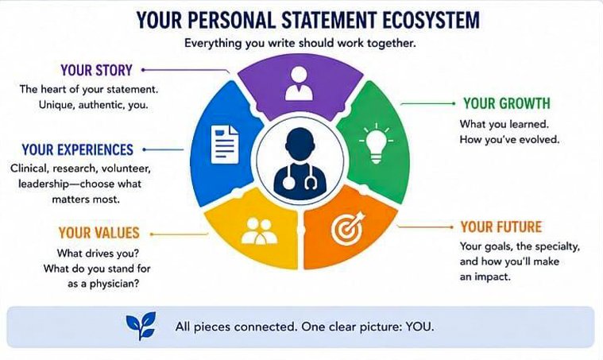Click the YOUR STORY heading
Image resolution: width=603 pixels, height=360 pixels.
tap(96, 71)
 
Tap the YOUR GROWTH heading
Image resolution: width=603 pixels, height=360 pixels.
tap(507, 103)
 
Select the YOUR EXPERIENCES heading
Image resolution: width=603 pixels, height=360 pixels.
tap(78, 149)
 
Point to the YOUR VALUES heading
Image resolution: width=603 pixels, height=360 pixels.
tap(99, 233)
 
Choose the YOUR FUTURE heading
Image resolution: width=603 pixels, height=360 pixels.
tap(501, 227)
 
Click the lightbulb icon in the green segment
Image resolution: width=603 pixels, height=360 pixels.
tap(376, 144)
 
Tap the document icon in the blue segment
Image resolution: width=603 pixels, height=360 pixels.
tap(225, 145)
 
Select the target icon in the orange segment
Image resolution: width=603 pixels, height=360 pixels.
tap(348, 228)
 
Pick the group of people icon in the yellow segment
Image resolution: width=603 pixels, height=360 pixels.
tap(259, 231)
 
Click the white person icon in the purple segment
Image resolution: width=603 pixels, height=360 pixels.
tap(300, 83)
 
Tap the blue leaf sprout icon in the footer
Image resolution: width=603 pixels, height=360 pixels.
tap(141, 325)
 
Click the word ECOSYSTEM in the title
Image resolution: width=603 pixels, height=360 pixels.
tap(431, 20)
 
